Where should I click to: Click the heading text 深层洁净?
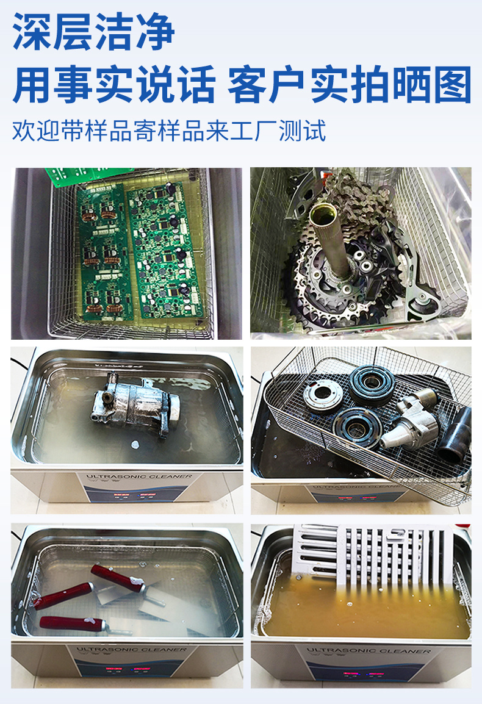pos(94,32)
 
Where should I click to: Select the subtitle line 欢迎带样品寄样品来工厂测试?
pos(169,131)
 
